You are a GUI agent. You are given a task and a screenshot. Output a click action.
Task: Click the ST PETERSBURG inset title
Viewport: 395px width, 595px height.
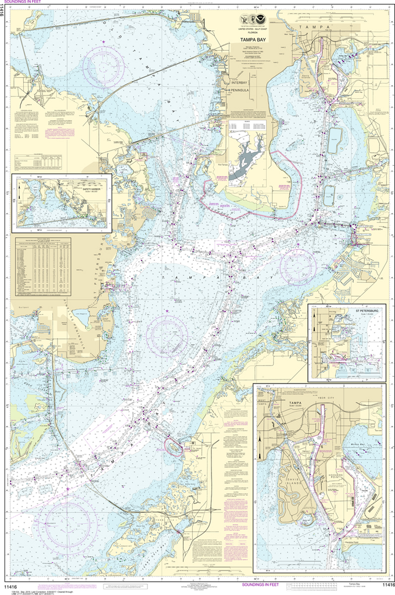tap(367, 310)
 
